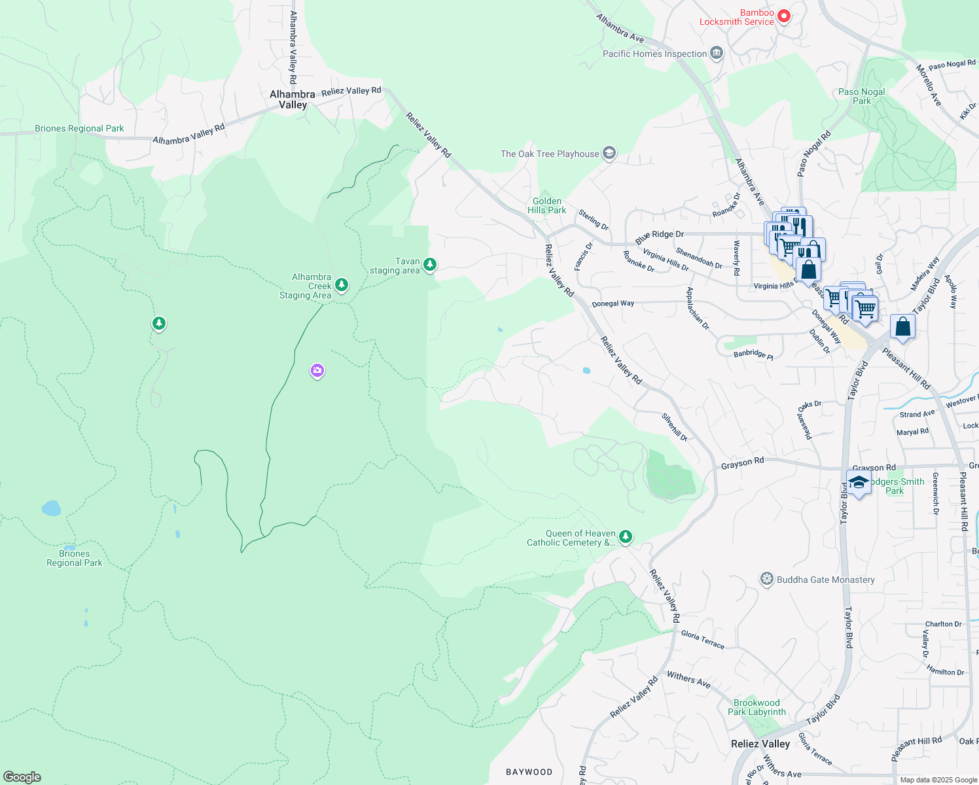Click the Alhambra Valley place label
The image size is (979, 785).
click(x=293, y=99)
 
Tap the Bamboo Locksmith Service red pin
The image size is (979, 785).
click(x=783, y=16)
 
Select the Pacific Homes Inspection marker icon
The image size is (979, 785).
click(x=717, y=53)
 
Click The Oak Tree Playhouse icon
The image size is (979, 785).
click(x=609, y=154)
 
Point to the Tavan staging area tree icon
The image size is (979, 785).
click(x=430, y=265)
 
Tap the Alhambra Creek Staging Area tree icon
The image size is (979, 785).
click(x=341, y=285)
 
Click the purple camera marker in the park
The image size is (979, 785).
click(x=317, y=371)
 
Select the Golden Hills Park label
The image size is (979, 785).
click(x=546, y=206)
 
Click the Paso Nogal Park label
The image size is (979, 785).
click(x=861, y=96)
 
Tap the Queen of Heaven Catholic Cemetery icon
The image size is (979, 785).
click(x=626, y=537)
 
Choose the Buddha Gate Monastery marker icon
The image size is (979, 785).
click(x=766, y=580)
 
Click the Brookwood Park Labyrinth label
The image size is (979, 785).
click(x=756, y=707)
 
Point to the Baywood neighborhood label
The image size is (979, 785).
click(x=529, y=772)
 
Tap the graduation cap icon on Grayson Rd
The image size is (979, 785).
click(x=859, y=483)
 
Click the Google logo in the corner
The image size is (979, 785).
click(x=22, y=776)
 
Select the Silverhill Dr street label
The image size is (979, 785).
click(x=675, y=427)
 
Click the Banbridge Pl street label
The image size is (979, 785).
click(x=753, y=354)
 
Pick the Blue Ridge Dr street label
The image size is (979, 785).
click(x=659, y=237)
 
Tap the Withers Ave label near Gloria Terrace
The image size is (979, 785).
click(x=688, y=679)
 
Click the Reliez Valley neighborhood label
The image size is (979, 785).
click(x=760, y=744)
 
